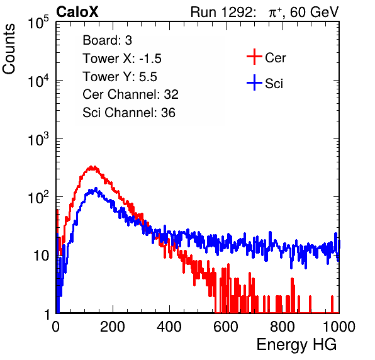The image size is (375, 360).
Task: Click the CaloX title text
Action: (77, 12)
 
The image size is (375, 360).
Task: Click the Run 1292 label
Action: (221, 12)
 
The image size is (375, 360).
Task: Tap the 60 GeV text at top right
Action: (314, 12)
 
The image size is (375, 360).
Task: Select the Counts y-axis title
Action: (9, 49)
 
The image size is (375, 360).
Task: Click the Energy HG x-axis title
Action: (296, 345)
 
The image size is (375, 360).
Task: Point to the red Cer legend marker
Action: (254, 57)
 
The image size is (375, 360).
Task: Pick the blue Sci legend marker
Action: (254, 83)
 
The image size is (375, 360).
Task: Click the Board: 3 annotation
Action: (107, 40)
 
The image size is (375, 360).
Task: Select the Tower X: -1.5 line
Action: (122, 59)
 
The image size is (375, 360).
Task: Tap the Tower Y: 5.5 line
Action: (120, 77)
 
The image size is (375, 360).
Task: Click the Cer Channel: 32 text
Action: (130, 94)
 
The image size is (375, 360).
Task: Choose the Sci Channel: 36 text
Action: (129, 113)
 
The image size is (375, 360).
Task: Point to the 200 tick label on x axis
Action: (113, 327)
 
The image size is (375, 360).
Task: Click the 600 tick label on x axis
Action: (226, 327)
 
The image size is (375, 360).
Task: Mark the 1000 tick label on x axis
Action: (339, 327)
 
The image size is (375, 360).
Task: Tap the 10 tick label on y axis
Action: (41, 256)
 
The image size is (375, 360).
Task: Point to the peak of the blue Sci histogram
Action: (96, 189)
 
